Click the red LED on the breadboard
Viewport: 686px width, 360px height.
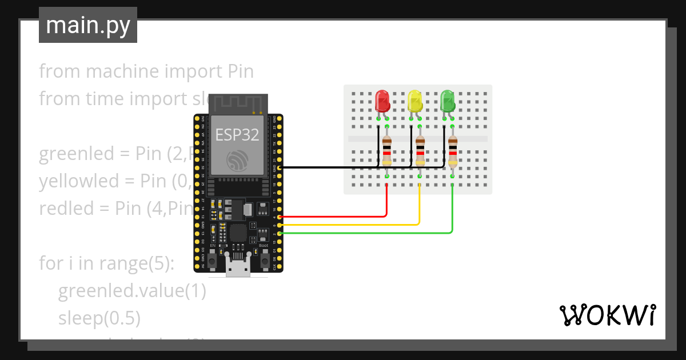(x=382, y=101)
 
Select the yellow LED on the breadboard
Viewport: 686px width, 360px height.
(x=415, y=101)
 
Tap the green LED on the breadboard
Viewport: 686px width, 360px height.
(x=448, y=101)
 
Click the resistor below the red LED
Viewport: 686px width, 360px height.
(x=387, y=150)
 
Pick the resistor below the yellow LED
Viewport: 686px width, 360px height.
(x=420, y=150)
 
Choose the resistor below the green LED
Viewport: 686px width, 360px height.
(x=453, y=150)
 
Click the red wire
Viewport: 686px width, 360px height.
(x=343, y=217)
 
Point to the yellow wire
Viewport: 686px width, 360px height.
(x=354, y=225)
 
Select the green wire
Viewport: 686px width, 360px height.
(x=366, y=233)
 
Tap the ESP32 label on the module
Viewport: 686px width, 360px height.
(x=237, y=135)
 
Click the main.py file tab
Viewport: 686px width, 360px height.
(x=88, y=25)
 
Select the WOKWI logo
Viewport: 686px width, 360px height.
(x=607, y=315)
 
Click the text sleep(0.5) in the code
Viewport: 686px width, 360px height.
(x=99, y=318)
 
